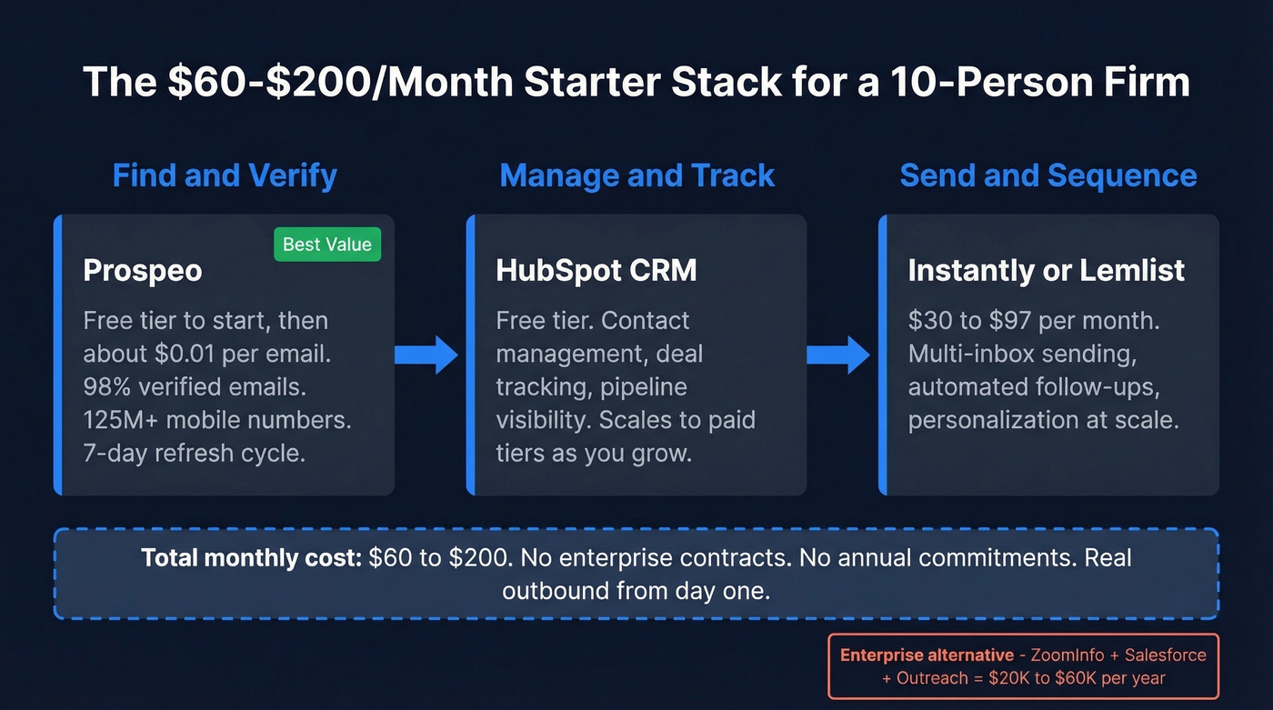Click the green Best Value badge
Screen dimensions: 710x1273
point(327,244)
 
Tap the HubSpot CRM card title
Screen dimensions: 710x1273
point(596,270)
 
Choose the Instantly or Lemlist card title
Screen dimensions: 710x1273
point(1047,270)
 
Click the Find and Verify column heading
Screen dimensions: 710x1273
point(225,175)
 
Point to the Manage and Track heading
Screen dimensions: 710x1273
point(636,175)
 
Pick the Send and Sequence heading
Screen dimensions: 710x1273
point(1048,175)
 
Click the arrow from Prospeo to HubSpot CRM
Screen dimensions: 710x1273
point(427,355)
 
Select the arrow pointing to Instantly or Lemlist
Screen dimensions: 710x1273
point(839,355)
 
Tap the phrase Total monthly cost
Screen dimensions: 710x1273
point(252,557)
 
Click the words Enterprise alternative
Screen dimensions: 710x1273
point(927,655)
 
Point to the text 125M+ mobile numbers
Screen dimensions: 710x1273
point(217,420)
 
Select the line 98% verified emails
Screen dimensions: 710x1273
point(195,387)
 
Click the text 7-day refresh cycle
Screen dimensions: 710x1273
point(194,453)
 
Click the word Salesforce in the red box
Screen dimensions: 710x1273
point(1166,655)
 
